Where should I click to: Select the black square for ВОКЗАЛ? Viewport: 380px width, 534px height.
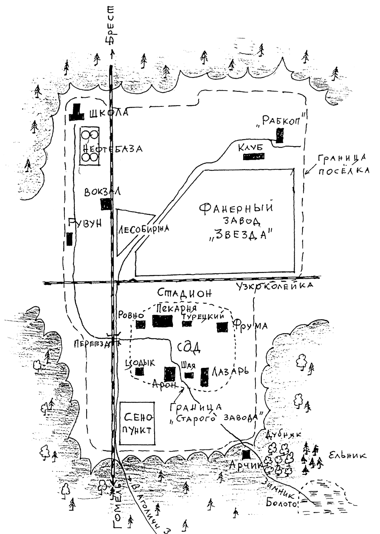click(x=105, y=204)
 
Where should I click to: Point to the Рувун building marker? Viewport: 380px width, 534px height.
click(x=70, y=239)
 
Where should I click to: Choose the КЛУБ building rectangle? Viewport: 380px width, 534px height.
click(x=252, y=157)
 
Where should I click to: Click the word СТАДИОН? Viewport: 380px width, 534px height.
click(x=185, y=294)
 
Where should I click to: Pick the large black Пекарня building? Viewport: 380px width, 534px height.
click(x=163, y=322)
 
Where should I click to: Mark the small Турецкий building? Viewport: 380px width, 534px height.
click(x=187, y=324)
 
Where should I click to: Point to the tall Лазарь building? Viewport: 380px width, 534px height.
click(x=204, y=377)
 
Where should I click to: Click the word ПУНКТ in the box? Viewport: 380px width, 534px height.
click(x=137, y=430)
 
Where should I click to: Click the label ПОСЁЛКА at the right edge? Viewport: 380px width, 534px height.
click(x=344, y=171)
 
